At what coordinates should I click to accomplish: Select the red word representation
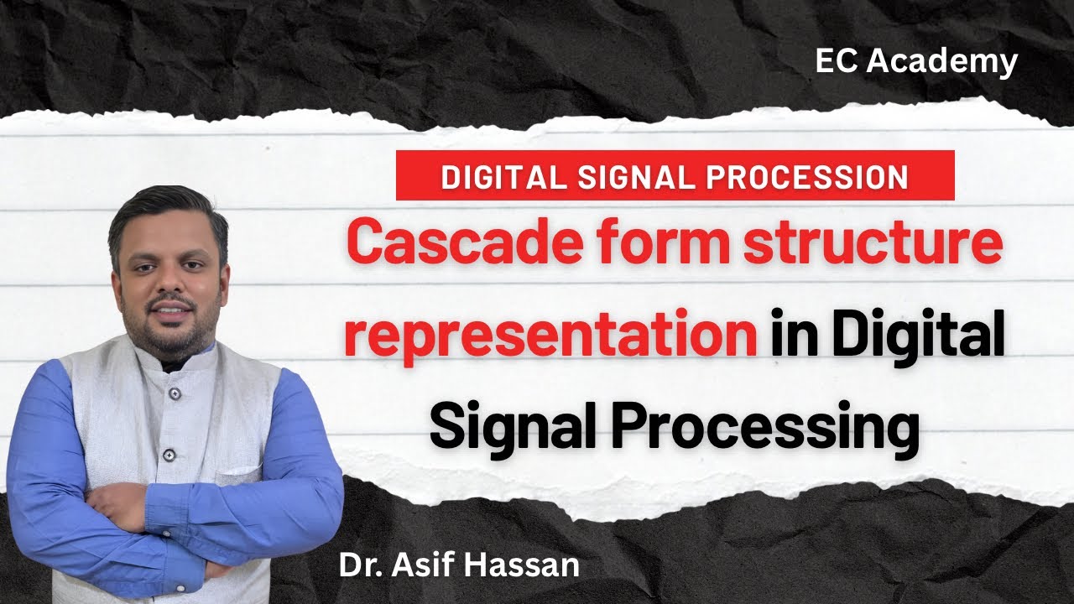549,336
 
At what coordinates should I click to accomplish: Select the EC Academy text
916,62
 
